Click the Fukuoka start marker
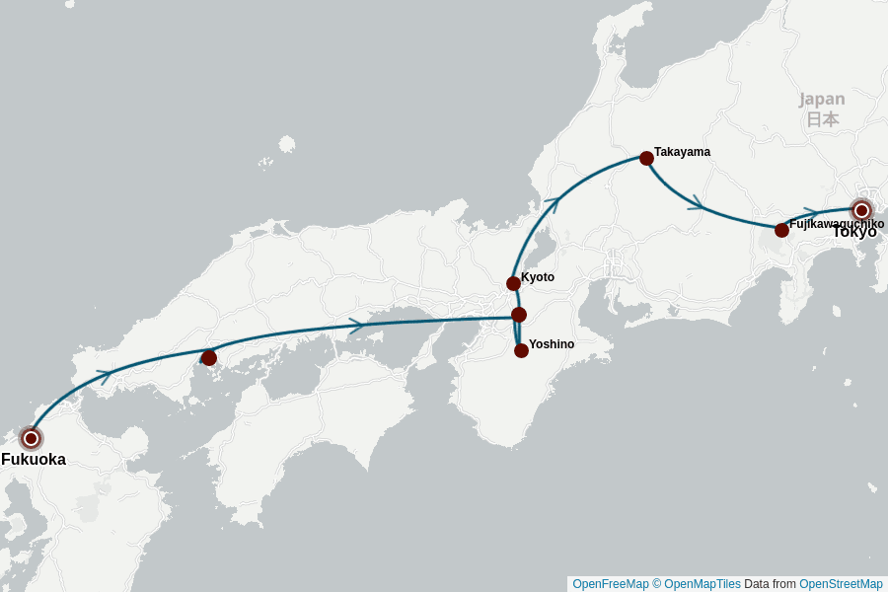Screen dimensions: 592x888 [31, 438]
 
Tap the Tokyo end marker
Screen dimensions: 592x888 [861, 210]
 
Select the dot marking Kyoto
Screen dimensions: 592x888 [513, 283]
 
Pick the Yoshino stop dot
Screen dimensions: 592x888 [521, 350]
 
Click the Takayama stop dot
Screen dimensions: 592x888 [646, 158]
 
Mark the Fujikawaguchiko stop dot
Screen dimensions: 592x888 [781, 230]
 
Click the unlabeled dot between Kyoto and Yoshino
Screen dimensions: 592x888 [519, 315]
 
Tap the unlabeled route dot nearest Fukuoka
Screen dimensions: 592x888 [209, 358]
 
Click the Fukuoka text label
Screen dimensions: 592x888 [34, 460]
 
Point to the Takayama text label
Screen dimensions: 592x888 [682, 152]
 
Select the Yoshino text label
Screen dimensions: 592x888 [552, 344]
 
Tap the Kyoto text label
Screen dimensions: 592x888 [538, 277]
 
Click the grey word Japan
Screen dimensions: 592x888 [822, 99]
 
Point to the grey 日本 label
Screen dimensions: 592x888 [822, 119]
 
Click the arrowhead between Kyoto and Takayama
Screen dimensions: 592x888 [553, 204]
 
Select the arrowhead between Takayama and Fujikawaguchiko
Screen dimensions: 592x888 [697, 203]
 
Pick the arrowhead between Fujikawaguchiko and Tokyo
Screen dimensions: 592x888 [810, 213]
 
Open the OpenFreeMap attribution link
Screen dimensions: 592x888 [610, 584]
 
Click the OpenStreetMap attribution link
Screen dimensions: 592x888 [841, 584]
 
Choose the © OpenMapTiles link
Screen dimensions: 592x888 [697, 584]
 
